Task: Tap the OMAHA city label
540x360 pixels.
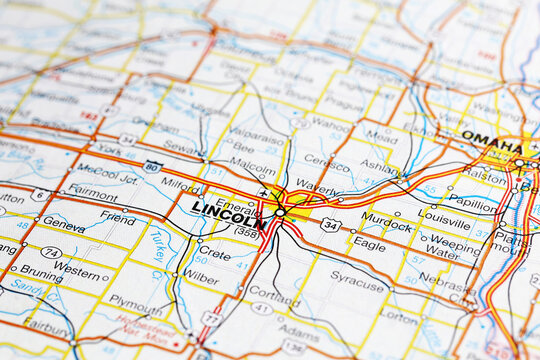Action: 490,140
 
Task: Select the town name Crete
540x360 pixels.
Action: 214,253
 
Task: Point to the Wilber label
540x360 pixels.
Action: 201,277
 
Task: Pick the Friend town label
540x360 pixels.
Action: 118,217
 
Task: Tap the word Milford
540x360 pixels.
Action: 181,184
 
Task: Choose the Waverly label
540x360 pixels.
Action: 317,187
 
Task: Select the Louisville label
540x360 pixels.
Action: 444,215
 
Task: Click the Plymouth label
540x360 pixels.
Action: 135,300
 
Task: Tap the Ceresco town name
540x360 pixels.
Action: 326,160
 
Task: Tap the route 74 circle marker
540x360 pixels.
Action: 51,253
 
